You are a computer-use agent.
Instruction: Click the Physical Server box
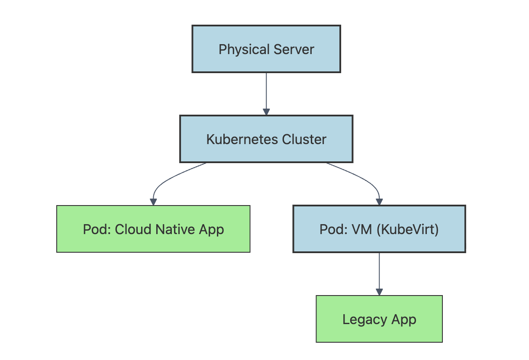coord(266,49)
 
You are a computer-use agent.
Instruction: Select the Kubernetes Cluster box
coord(266,139)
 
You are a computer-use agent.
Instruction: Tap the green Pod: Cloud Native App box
coord(153,229)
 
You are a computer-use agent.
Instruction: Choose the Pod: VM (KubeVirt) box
coord(379,229)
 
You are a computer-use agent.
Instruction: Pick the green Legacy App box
coord(379,319)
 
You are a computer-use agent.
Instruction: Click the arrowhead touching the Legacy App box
coord(379,292)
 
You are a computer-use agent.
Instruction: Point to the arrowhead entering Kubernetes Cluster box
coord(266,112)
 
